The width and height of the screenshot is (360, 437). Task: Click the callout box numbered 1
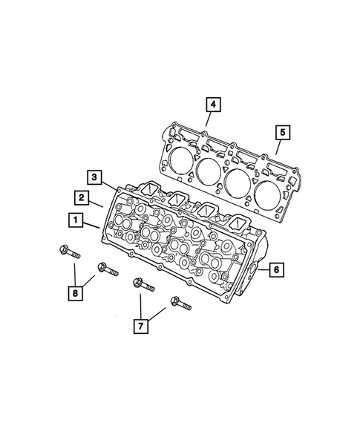pyautogui.click(x=74, y=220)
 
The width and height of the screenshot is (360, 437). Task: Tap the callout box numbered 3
pyautogui.click(x=94, y=177)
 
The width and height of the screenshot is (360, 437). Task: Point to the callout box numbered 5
pyautogui.click(x=283, y=134)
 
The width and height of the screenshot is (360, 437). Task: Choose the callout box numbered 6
pyautogui.click(x=275, y=269)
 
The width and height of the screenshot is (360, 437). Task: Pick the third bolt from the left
pyautogui.click(x=143, y=285)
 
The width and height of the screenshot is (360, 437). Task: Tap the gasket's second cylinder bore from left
pyautogui.click(x=209, y=171)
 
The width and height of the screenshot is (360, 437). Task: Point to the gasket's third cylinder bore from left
pyautogui.click(x=239, y=183)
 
